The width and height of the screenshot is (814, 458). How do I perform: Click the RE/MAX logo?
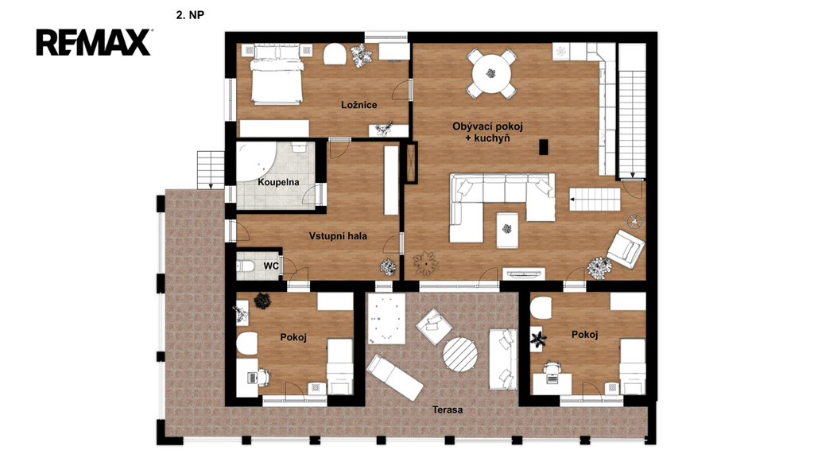pyautogui.click(x=94, y=42)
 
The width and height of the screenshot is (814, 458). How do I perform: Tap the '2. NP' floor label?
pyautogui.click(x=190, y=15)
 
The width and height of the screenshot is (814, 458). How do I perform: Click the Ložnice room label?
pyautogui.click(x=359, y=105)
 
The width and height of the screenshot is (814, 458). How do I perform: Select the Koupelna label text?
pyautogui.click(x=278, y=182)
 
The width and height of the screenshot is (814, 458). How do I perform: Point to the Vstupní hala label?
pyautogui.click(x=338, y=236)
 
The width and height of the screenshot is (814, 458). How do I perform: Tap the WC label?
pyautogui.click(x=271, y=266)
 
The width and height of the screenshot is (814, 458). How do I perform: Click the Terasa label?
pyautogui.click(x=448, y=409)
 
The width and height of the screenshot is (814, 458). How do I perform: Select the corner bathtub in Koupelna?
pyautogui.click(x=257, y=161)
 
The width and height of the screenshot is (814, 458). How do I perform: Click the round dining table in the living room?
pyautogui.click(x=491, y=73)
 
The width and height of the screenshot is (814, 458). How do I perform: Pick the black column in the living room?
pyautogui.click(x=544, y=147)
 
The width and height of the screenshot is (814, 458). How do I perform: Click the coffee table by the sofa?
pyautogui.click(x=507, y=230)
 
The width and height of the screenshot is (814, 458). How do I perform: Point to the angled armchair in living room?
pyautogui.click(x=626, y=249)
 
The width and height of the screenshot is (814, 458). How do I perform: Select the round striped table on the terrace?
pyautogui.click(x=460, y=355)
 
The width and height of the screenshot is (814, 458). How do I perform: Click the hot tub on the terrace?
pyautogui.click(x=386, y=318)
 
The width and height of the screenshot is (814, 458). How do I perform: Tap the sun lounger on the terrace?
pyautogui.click(x=394, y=377)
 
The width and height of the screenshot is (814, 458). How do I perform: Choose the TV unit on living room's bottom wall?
pyautogui.click(x=524, y=274)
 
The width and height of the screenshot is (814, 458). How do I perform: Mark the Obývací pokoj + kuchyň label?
pyautogui.click(x=487, y=133)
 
